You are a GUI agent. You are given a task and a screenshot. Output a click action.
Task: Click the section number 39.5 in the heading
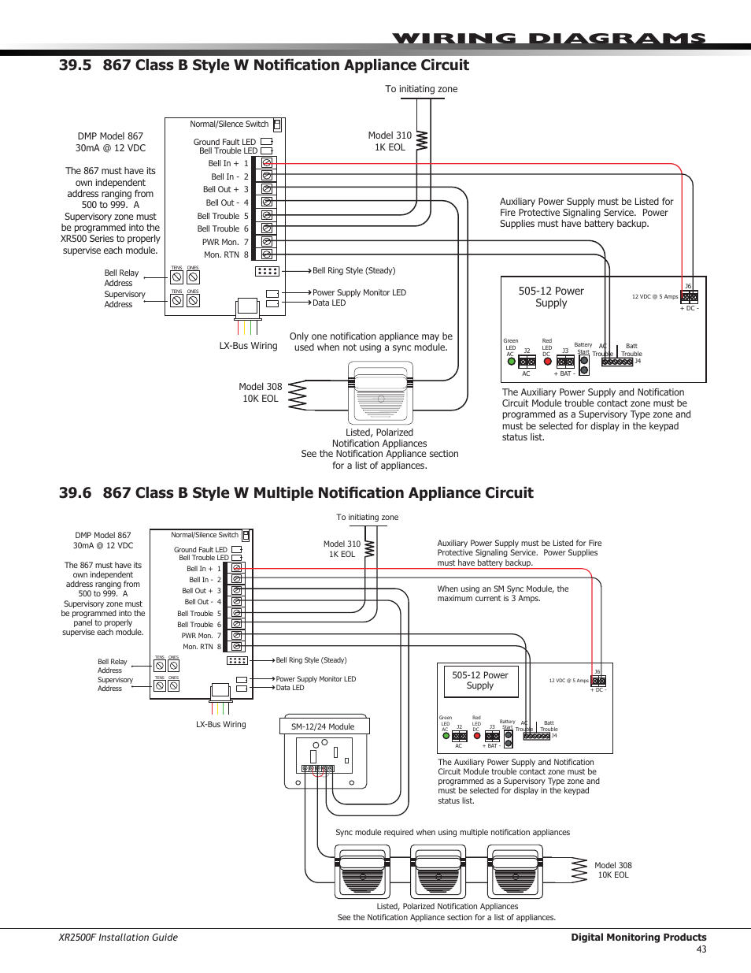point(75,65)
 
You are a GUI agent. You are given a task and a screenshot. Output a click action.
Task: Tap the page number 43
point(701,949)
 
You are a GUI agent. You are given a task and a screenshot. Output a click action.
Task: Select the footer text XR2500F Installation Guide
point(118,938)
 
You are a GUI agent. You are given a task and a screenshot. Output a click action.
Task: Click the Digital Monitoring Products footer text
point(638,938)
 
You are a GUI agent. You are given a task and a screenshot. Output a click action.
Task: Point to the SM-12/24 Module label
point(323,726)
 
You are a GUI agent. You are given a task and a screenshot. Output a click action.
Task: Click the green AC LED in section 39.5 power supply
point(511,362)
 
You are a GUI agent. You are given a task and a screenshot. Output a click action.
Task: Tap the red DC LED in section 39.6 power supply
point(477,736)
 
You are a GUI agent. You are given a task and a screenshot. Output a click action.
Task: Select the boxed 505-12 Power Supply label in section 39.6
point(480,681)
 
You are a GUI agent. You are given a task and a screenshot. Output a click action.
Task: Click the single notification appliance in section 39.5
point(380,394)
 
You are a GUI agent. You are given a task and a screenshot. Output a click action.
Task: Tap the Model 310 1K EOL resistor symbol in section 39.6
point(369,548)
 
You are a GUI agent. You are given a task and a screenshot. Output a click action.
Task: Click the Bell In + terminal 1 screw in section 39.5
point(267,164)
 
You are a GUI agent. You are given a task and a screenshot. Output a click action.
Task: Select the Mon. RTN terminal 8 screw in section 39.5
point(267,254)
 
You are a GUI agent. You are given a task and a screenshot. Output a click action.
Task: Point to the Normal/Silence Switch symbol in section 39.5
point(277,124)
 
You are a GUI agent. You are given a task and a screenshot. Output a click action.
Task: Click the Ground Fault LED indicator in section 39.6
point(236,550)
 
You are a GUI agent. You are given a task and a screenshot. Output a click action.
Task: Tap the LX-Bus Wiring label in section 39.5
point(248,346)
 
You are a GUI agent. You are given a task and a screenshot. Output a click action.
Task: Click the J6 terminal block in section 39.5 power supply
point(689,297)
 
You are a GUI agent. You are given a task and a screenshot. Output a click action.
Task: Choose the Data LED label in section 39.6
point(290,688)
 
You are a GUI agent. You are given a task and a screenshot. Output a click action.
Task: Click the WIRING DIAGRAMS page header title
point(549,39)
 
